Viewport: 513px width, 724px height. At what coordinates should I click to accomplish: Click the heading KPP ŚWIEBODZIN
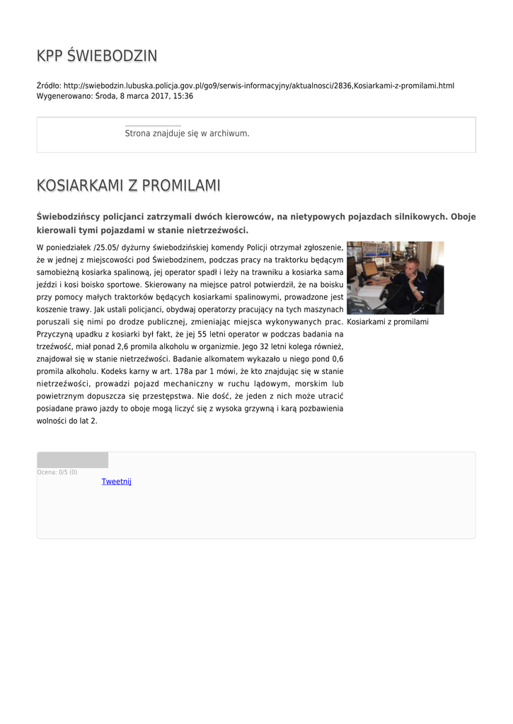click(97, 56)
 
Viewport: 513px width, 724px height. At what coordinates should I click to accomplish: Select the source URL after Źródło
click(259, 86)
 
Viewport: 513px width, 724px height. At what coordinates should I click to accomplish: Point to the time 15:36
click(183, 96)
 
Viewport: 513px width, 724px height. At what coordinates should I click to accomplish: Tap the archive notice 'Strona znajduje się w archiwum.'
click(187, 133)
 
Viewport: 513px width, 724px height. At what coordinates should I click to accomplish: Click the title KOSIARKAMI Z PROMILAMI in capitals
click(128, 185)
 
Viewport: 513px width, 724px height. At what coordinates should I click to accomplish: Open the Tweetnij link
click(117, 481)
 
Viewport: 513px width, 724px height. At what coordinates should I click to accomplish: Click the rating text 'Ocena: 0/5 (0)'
click(57, 472)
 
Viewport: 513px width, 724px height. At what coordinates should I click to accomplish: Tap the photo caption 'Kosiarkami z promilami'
click(388, 322)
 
